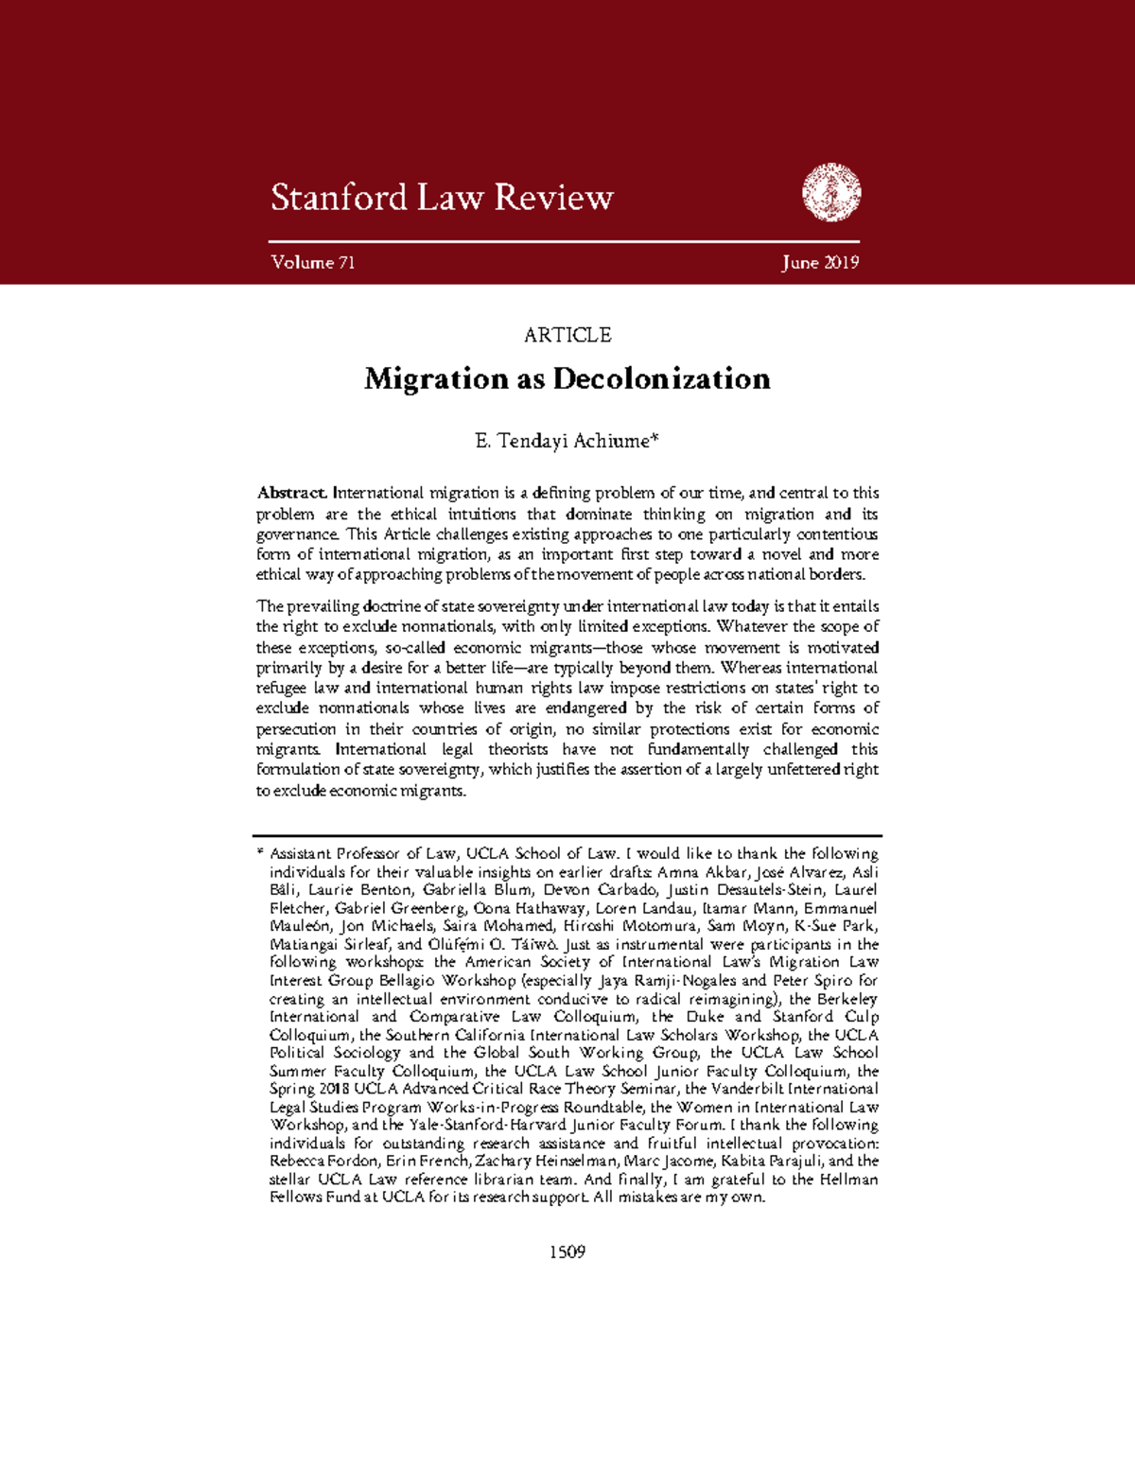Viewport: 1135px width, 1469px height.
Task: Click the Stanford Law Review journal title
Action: (x=442, y=198)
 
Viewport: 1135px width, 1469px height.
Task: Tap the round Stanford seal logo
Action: (x=831, y=192)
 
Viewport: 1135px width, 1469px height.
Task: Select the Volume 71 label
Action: (x=313, y=263)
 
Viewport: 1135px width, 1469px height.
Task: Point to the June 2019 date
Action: (x=820, y=263)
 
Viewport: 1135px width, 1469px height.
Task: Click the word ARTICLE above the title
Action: (x=567, y=335)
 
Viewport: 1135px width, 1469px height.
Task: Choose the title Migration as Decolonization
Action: (x=567, y=379)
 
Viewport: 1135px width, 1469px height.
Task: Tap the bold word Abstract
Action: (x=291, y=493)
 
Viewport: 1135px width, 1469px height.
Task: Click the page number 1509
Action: (x=567, y=1251)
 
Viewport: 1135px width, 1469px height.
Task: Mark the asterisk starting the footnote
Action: (x=260, y=852)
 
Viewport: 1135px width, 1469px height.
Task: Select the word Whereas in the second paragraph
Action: (x=750, y=668)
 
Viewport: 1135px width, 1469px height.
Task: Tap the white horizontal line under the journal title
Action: (x=564, y=242)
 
